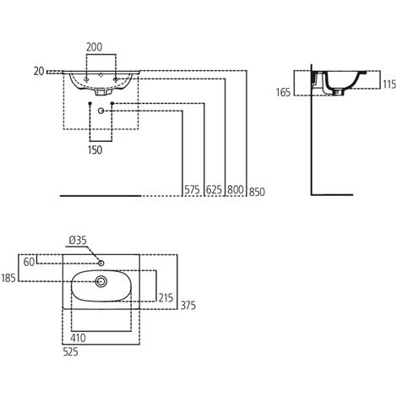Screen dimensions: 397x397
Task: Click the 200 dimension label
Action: coord(94,47)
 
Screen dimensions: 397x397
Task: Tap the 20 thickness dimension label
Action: coord(39,71)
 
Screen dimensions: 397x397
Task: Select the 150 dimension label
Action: coord(95,150)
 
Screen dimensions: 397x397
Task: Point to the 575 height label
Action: coord(192,190)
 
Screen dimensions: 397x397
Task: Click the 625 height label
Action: coord(214,190)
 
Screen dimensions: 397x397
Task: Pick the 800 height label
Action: coord(236,190)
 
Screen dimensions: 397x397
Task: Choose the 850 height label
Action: coord(257,192)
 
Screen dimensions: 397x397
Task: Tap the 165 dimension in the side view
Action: coord(283,92)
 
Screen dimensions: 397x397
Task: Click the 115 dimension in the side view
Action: coord(389,84)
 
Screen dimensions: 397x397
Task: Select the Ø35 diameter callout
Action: coord(78,240)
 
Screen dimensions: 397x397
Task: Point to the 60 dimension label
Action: coord(29,262)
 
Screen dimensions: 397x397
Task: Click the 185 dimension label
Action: coord(8,278)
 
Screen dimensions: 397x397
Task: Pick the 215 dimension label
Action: coord(166,297)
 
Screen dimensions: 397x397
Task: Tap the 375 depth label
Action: coord(188,305)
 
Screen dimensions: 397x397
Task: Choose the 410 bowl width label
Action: coord(78,338)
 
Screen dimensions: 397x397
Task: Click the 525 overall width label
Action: coord(70,351)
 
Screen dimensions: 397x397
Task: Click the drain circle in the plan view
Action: coord(101,281)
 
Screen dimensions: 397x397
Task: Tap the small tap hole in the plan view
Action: coord(101,264)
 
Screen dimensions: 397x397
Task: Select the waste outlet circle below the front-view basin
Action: coord(101,111)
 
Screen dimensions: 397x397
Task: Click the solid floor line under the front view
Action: coord(101,195)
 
